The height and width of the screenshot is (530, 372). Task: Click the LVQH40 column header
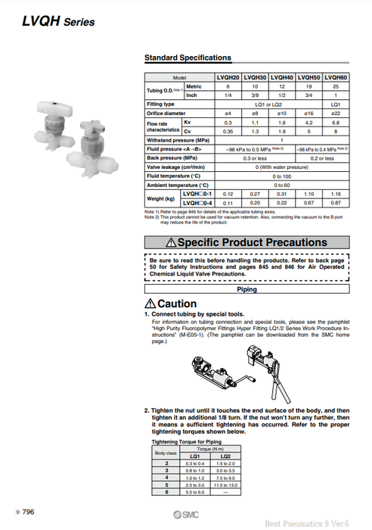[x=282, y=78]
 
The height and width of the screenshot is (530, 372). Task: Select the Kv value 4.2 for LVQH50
[x=309, y=121]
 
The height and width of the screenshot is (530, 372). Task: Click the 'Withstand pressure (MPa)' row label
[x=178, y=140]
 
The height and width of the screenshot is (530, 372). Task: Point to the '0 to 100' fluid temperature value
[x=282, y=176]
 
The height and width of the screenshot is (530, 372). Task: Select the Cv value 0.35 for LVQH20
[x=228, y=130]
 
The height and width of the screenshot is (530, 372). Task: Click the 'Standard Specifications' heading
[x=188, y=58]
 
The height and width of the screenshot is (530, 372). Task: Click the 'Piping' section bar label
[x=246, y=289]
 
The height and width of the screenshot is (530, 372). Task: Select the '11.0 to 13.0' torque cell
[x=225, y=484]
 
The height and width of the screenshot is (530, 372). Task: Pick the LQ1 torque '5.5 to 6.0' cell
[x=194, y=493]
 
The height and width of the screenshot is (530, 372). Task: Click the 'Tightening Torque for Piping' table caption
[x=185, y=441]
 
